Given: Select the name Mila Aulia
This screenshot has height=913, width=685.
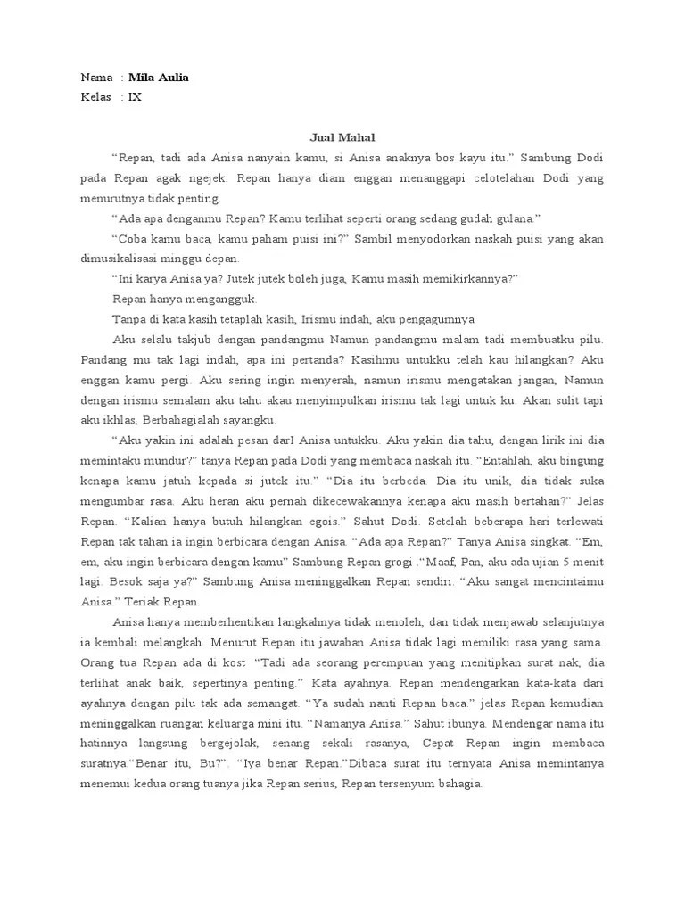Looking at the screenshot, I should pyautogui.click(x=159, y=78).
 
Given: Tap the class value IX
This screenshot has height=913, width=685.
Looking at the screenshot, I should pyautogui.click(x=135, y=97).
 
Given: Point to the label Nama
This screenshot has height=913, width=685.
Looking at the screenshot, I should pyautogui.click(x=96, y=78).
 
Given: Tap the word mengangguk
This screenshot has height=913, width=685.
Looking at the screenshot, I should pyautogui.click(x=219, y=299).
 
